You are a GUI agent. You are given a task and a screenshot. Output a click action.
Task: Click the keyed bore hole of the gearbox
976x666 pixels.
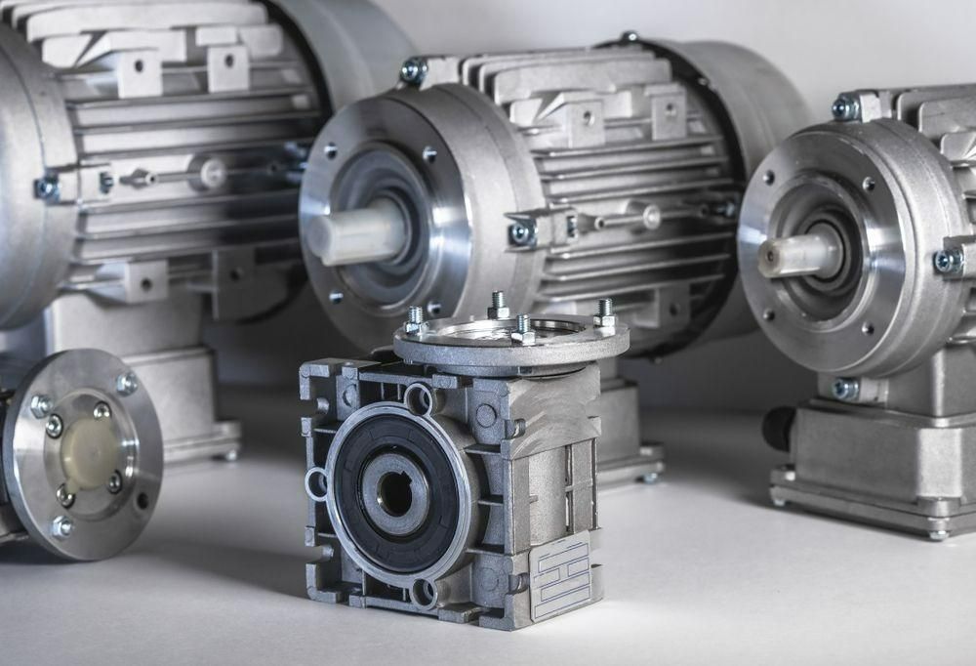tap(395, 494)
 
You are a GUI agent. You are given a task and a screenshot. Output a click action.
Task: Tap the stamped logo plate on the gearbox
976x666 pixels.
tap(560, 576)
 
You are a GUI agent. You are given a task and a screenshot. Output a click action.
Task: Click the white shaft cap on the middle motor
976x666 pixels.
tap(355, 234)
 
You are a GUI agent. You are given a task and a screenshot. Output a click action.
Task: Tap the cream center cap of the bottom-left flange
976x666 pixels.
tap(88, 454)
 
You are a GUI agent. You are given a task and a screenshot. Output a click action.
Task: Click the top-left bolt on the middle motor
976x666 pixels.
tap(413, 70)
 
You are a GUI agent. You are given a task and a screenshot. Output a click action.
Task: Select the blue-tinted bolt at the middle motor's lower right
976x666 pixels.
tap(522, 232)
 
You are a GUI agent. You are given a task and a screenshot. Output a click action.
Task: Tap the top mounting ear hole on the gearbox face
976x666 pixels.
tap(419, 397)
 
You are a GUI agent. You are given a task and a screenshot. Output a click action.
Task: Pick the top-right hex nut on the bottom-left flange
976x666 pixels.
tap(126, 384)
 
